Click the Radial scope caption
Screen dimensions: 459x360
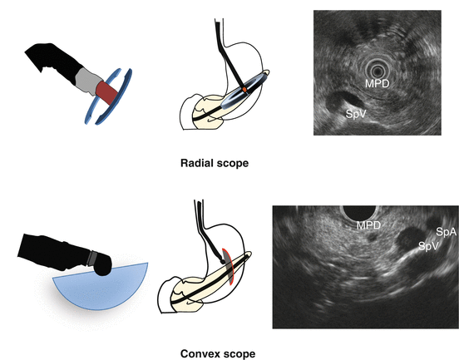pyautogui.click(x=215, y=163)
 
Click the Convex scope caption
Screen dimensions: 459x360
pyautogui.click(x=218, y=353)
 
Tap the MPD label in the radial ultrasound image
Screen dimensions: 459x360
pyautogui.click(x=377, y=84)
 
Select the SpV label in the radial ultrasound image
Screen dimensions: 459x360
pyautogui.click(x=356, y=114)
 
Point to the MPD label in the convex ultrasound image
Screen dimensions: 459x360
pyautogui.click(x=368, y=225)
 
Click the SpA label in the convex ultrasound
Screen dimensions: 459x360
pyautogui.click(x=447, y=232)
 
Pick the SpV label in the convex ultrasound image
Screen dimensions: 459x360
pyautogui.click(x=428, y=246)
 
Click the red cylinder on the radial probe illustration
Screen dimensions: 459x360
pyautogui.click(x=106, y=92)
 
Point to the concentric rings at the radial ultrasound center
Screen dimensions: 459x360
pyautogui.click(x=377, y=71)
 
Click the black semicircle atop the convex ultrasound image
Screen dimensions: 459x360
pyautogui.click(x=359, y=213)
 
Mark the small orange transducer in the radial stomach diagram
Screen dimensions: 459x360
pyautogui.click(x=244, y=89)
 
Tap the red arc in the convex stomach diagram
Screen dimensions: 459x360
pyautogui.click(x=229, y=266)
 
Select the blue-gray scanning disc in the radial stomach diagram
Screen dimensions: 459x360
pyautogui.click(x=245, y=91)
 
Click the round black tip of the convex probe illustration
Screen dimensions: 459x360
pyautogui.click(x=102, y=265)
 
